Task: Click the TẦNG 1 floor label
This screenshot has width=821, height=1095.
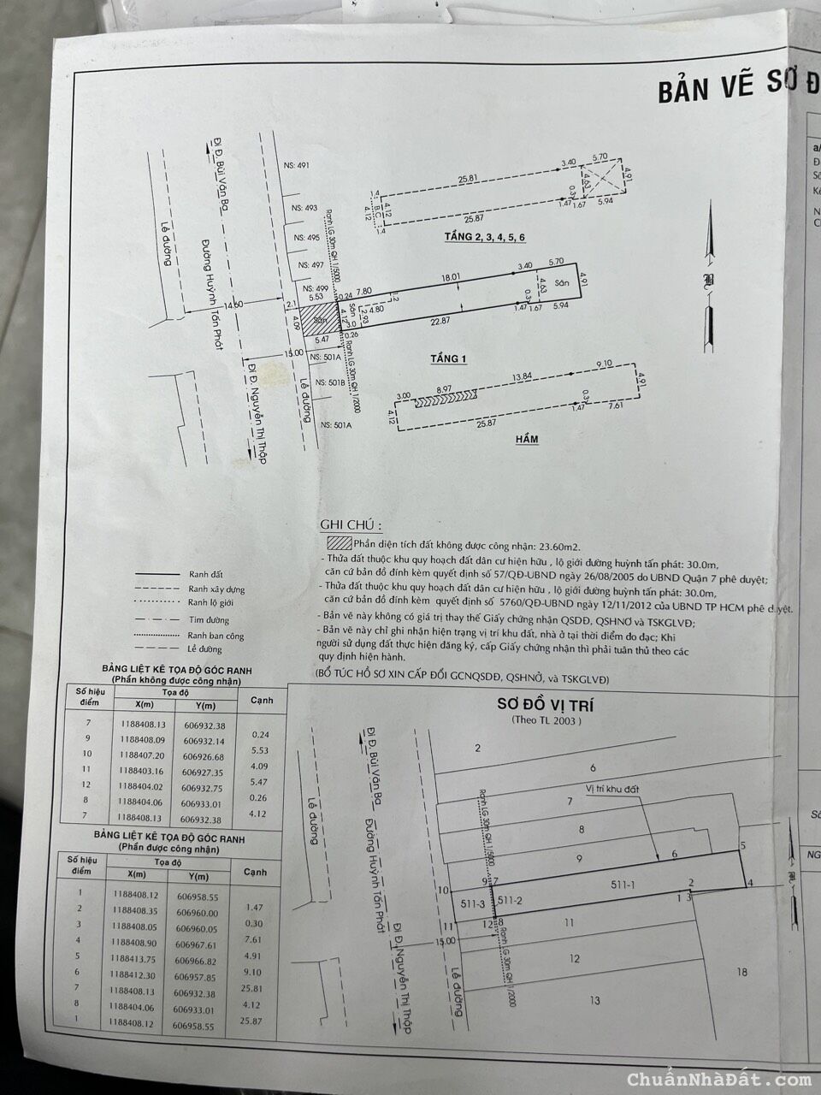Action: [448, 359]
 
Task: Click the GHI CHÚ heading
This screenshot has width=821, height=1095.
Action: [351, 525]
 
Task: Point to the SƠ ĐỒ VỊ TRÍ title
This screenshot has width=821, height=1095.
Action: [546, 705]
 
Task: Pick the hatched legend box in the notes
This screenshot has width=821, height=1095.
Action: [338, 544]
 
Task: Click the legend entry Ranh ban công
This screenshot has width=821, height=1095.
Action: [216, 636]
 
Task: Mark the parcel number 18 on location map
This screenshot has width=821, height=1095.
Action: [741, 972]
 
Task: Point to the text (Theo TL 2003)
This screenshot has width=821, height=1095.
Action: [546, 721]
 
